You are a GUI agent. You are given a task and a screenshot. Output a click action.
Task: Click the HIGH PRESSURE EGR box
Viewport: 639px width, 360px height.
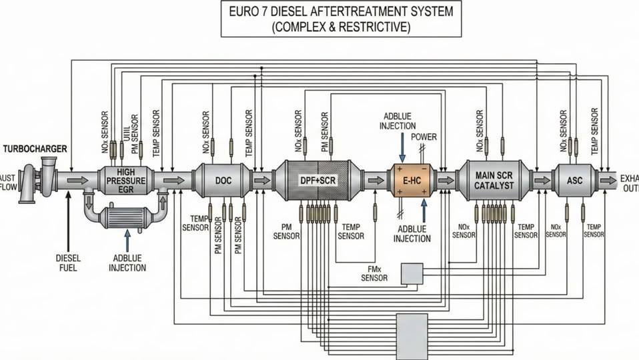point(125,180)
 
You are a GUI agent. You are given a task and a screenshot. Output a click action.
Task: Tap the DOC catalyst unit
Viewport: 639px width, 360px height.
point(223,180)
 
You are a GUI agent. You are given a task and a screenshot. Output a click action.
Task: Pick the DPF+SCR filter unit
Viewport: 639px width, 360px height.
point(317,180)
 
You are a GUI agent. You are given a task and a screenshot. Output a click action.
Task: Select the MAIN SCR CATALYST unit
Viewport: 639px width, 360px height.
point(494,180)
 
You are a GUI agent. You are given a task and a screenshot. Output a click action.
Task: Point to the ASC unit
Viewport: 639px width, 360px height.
point(574,180)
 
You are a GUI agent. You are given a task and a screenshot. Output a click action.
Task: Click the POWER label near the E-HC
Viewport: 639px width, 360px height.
point(424,137)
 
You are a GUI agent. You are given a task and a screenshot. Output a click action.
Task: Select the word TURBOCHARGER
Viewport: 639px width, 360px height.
point(35,149)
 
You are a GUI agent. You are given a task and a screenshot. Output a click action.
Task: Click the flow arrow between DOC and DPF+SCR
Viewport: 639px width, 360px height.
point(262,180)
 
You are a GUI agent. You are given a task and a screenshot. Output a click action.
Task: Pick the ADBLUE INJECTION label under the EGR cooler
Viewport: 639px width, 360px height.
point(127,263)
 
